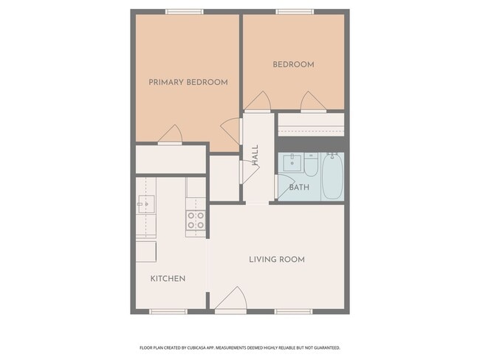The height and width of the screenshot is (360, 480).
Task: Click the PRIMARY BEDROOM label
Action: click(x=188, y=82)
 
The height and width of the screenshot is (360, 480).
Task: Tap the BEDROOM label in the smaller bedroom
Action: click(x=293, y=65)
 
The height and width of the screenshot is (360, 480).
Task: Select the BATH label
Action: click(x=299, y=187)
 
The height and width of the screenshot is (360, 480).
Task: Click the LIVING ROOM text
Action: click(x=276, y=260)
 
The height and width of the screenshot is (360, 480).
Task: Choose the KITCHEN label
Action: click(x=168, y=279)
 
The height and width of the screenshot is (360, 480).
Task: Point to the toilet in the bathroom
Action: click(x=311, y=166)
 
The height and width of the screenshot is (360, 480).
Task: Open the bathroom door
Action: click(x=283, y=186)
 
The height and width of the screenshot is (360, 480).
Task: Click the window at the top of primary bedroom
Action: click(x=184, y=12)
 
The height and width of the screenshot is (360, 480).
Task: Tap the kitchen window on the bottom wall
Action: click(x=168, y=311)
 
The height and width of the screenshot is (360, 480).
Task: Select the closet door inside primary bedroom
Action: click(x=171, y=135)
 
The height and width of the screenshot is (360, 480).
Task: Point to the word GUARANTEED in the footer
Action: click(x=324, y=347)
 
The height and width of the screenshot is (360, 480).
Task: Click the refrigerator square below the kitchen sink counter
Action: click(x=145, y=251)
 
